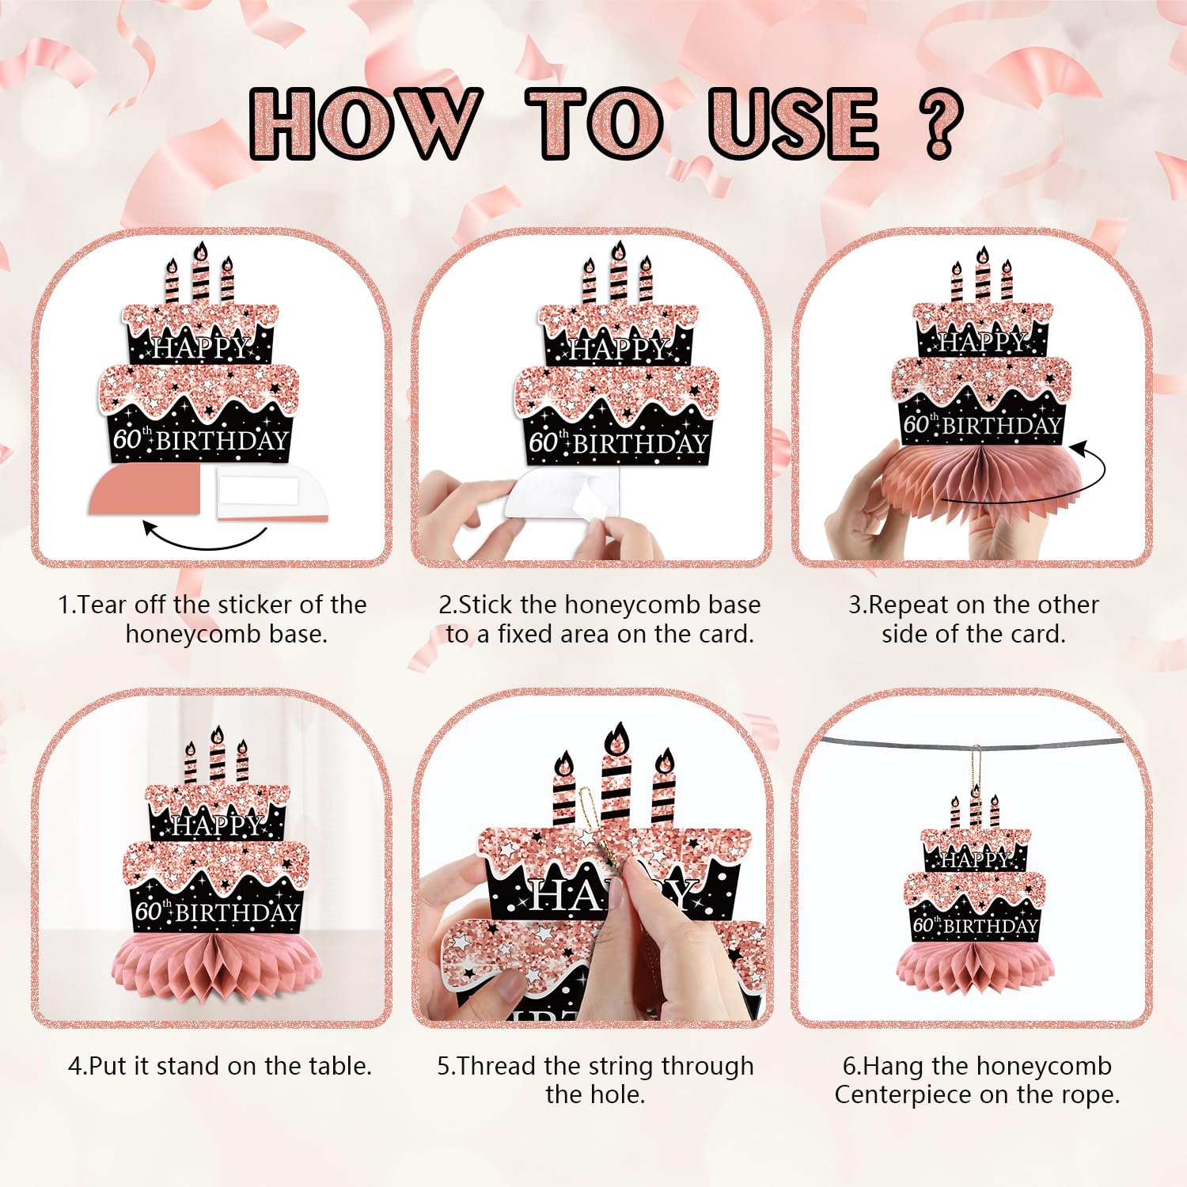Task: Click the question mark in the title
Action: coord(940,123)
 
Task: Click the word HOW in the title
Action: coord(366,123)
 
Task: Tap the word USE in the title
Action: coord(794,123)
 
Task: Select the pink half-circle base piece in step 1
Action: coord(145,490)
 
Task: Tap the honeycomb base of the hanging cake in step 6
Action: coord(975,967)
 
